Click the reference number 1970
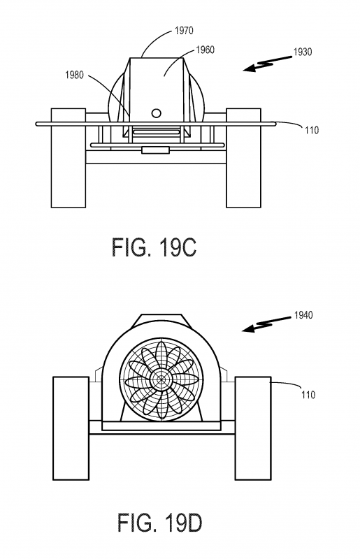184,31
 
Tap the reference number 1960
205,50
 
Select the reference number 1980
74,75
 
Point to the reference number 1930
303,52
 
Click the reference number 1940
303,315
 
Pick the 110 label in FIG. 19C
312,131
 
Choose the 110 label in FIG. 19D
308,395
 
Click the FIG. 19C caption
154,247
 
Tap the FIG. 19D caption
160,523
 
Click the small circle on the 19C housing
157,113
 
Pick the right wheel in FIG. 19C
243,158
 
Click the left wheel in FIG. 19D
71,428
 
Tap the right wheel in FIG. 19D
253,428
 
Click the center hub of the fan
161,379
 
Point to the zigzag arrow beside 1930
268,64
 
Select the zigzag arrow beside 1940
267,324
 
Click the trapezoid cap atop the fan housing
161,321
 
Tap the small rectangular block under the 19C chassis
155,150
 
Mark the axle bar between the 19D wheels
161,428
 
